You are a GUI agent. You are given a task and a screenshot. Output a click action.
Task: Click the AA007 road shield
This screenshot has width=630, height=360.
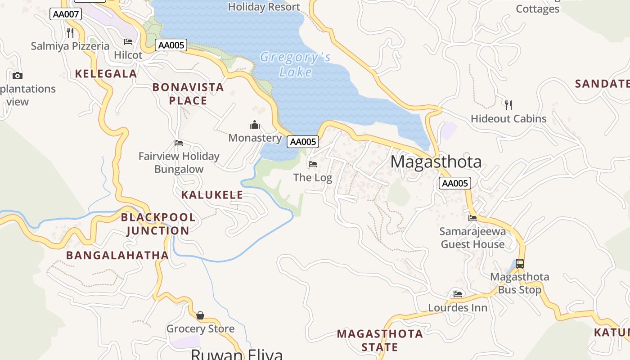(66, 14)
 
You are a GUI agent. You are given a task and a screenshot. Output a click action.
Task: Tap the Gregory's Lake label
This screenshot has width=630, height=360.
(296, 64)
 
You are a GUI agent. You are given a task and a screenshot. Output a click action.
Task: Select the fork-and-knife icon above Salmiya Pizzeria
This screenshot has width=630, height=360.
(70, 32)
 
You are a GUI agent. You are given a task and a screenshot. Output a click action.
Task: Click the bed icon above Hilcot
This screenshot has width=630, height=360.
(128, 42)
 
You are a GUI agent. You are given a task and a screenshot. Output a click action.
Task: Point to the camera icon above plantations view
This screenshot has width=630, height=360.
(18, 76)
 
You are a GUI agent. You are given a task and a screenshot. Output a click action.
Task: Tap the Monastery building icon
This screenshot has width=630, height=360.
(255, 125)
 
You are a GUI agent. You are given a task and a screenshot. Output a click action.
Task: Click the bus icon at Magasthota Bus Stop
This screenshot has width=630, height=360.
(520, 264)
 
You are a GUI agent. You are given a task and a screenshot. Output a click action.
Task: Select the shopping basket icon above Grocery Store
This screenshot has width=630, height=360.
(200, 315)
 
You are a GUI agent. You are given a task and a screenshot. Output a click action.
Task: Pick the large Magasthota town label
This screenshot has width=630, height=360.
(436, 162)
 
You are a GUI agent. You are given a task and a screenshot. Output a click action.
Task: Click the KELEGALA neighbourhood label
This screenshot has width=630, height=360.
(106, 74)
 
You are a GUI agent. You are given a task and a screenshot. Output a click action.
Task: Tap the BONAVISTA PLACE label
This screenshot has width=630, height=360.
(188, 94)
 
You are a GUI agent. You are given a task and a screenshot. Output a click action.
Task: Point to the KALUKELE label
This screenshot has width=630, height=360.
(212, 195)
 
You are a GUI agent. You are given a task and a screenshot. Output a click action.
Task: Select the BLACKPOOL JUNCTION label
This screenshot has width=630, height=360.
(158, 224)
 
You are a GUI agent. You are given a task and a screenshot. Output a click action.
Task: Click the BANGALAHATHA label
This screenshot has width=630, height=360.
(117, 255)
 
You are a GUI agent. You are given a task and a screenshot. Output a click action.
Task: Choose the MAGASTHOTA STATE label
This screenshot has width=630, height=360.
(380, 340)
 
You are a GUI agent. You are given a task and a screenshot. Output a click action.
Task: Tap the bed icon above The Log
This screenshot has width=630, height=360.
(313, 164)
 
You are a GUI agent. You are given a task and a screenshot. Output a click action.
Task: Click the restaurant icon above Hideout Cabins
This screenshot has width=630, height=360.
(508, 105)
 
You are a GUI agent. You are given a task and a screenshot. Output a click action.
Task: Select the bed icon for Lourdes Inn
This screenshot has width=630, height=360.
(458, 294)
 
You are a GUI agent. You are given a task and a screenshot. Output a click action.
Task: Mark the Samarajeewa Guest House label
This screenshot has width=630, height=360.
(472, 238)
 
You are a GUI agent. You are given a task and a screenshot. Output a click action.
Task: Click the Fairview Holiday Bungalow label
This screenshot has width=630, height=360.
(179, 162)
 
